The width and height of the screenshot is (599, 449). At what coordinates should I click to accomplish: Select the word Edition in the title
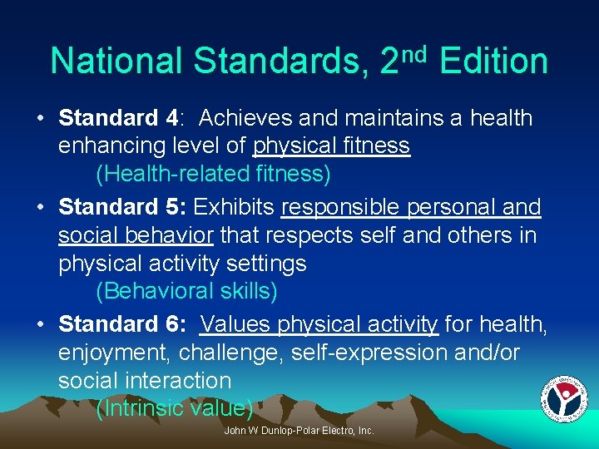(493, 62)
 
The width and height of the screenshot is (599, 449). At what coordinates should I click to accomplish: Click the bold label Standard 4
(119, 118)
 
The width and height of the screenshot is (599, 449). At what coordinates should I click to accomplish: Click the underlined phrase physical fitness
(331, 146)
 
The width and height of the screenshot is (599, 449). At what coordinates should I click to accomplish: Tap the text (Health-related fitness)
(214, 175)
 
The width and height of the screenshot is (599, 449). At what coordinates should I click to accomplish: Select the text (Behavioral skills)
(187, 292)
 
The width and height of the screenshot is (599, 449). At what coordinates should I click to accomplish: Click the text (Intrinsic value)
(175, 409)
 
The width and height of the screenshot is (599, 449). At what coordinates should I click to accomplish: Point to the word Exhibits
(236, 206)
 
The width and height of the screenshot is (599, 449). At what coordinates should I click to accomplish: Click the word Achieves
(246, 118)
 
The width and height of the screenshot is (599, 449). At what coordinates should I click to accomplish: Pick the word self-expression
(370, 353)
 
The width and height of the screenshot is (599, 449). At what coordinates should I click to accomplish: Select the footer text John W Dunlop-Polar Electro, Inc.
(299, 431)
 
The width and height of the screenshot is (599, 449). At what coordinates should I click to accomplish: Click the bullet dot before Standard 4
(40, 118)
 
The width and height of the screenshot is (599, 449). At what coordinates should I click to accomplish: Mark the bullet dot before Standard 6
(40, 323)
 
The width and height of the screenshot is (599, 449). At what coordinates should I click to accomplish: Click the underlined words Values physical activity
(319, 323)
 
